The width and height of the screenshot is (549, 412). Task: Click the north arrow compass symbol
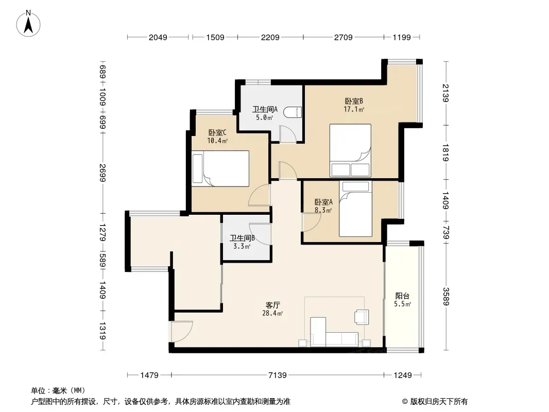tap(28, 24)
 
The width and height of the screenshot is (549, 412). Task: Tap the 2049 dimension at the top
tap(158, 37)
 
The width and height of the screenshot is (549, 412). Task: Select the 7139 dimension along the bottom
tap(277, 375)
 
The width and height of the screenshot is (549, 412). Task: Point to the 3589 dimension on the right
tap(445, 296)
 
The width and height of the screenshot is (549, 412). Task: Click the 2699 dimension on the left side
tap(102, 173)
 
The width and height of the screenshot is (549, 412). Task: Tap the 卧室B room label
tap(354, 101)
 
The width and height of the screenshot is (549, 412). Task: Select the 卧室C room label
tap(217, 133)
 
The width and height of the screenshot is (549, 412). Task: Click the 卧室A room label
tap(323, 202)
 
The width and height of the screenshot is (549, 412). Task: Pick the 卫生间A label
tap(265, 109)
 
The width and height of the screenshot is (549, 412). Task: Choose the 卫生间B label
tap(242, 238)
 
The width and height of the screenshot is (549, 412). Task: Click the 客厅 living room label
tap(273, 305)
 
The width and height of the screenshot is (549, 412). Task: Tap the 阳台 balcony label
tap(402, 296)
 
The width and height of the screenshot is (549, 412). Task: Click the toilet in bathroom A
tap(293, 112)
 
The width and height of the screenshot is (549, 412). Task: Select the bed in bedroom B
tap(350, 150)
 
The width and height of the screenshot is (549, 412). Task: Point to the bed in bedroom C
tap(220, 169)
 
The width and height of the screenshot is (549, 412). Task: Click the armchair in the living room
tap(362, 317)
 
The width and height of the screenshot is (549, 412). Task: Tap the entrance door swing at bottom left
tap(182, 331)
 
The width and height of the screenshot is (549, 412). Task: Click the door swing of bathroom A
tap(288, 134)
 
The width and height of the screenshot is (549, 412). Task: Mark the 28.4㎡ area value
tap(272, 314)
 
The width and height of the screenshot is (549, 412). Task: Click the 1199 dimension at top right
tap(402, 37)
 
